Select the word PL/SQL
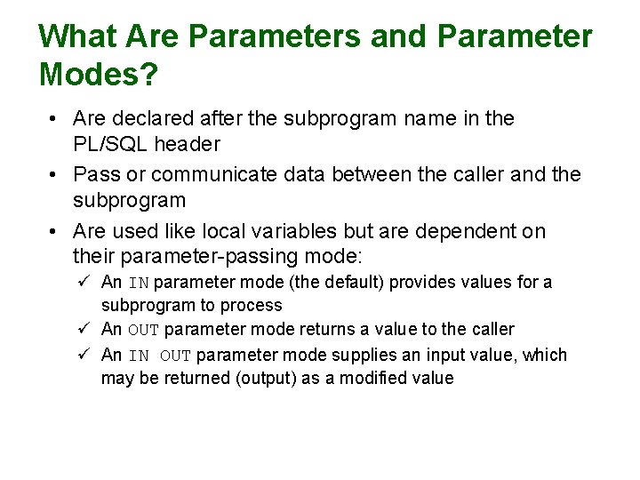point(111,143)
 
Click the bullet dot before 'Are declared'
point(54,119)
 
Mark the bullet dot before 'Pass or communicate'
point(54,175)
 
